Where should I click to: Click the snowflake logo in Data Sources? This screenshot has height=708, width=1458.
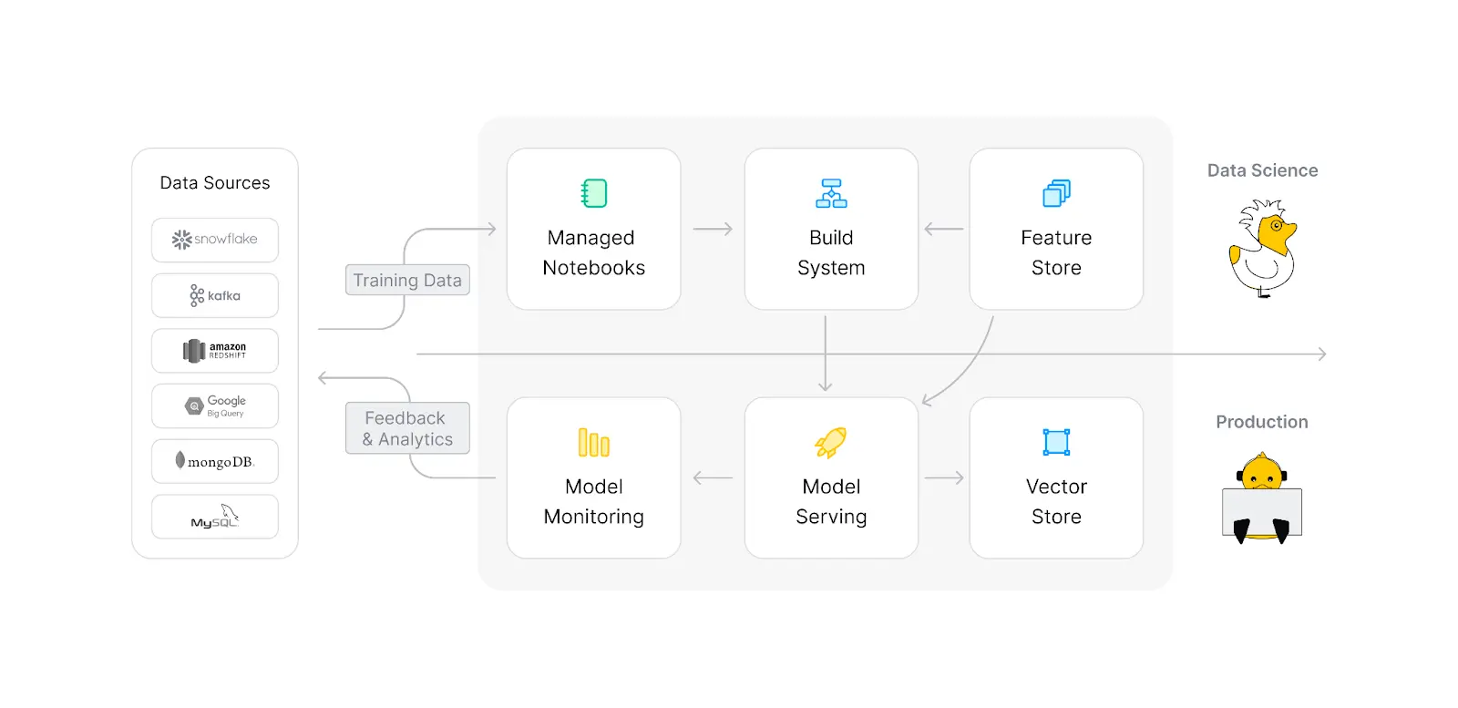(215, 240)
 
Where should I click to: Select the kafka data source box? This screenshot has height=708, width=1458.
(215, 295)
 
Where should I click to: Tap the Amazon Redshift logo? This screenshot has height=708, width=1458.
(215, 351)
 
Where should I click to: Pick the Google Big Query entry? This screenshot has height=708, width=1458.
(215, 406)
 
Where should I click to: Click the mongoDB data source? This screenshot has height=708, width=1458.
(215, 462)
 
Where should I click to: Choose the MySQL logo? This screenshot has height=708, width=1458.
(215, 517)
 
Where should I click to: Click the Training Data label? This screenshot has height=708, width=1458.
(407, 281)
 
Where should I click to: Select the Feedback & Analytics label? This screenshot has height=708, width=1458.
(407, 428)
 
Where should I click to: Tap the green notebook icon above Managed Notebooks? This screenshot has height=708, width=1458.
(594, 193)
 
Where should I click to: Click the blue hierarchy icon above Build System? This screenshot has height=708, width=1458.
(831, 193)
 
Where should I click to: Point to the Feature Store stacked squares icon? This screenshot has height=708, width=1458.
(1056, 193)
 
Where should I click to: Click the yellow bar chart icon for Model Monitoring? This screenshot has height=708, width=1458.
(594, 443)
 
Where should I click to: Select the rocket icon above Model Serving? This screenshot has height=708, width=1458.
(831, 443)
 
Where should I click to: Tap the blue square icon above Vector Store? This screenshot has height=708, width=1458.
(1056, 442)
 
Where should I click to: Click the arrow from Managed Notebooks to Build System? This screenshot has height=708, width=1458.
(713, 230)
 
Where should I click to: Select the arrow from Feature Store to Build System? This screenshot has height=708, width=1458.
(944, 230)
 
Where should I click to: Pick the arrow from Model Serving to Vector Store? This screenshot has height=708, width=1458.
(944, 477)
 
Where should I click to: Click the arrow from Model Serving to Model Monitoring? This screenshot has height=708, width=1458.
(713, 477)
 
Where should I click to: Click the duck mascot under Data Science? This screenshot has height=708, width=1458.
(1263, 249)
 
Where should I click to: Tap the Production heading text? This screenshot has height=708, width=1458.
(1262, 422)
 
